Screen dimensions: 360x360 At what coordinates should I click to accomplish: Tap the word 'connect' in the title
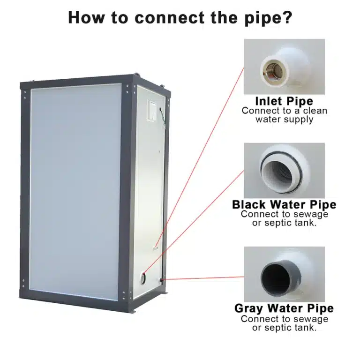[x=169, y=18]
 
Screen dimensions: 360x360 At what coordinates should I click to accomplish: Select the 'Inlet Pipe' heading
[x=284, y=101]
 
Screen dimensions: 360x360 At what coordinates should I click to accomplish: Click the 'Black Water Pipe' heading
[x=284, y=204]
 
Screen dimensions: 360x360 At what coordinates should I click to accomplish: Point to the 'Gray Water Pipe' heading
[x=284, y=308]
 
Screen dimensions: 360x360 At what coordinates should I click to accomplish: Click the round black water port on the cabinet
[x=143, y=278]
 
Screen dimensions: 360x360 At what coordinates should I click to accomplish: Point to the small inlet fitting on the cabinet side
[x=156, y=247]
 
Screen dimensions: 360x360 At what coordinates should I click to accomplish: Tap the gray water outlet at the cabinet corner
[x=162, y=280]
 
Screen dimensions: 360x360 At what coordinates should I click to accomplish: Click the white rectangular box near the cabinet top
[x=153, y=111]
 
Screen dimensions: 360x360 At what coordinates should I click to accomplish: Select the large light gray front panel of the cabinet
[x=76, y=192]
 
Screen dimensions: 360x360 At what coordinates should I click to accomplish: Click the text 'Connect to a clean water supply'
[x=284, y=115]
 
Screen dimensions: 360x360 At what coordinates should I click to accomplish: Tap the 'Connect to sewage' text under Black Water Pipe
[x=284, y=214]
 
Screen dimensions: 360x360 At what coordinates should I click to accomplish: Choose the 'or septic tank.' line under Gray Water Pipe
[x=284, y=328]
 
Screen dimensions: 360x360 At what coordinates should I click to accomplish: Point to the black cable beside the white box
[x=163, y=118]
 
